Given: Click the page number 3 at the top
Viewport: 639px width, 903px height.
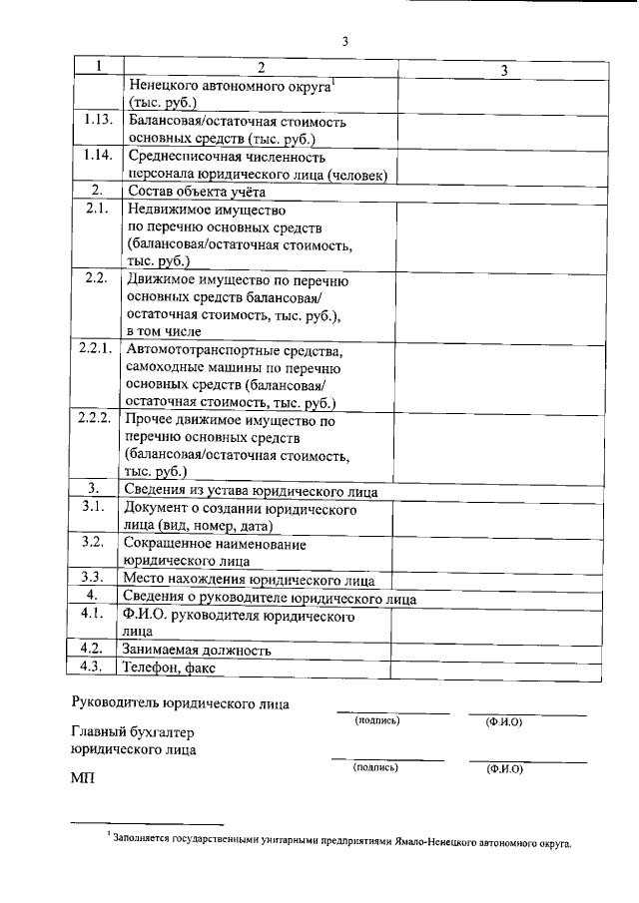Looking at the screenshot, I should pos(344,41).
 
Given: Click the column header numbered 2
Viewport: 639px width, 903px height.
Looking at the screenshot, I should pos(261,68).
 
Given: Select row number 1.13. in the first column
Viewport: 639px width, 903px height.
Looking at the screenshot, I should pos(98,121).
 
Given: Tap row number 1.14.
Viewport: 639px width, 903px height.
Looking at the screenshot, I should pos(98,156).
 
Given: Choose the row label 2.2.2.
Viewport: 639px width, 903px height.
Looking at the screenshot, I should pos(98,418).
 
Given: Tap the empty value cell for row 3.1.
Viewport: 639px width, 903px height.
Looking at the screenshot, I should pos(496,517).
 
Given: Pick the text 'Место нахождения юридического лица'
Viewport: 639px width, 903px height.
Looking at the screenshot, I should pos(249,579).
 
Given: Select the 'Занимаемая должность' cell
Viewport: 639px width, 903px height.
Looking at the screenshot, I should pos(197,651).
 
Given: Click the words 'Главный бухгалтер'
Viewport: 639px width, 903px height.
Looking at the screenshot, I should pos(132,732).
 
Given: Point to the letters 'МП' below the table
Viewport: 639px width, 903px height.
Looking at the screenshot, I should pos(82,777).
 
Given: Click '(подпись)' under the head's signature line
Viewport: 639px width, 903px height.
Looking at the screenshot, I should pos(376,720).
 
